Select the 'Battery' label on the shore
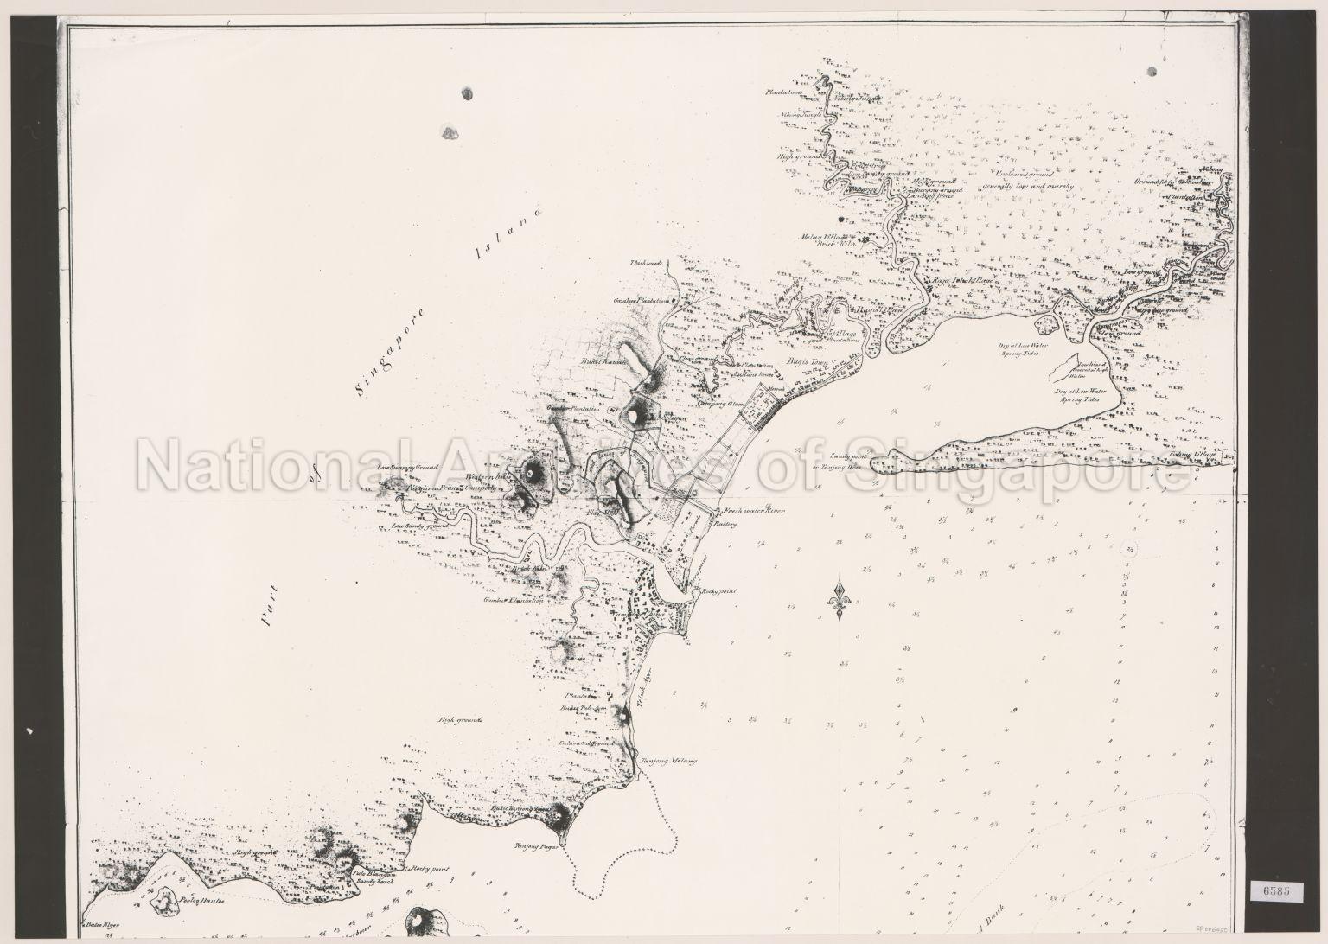click(x=725, y=524)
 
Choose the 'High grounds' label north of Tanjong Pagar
click(x=461, y=719)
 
